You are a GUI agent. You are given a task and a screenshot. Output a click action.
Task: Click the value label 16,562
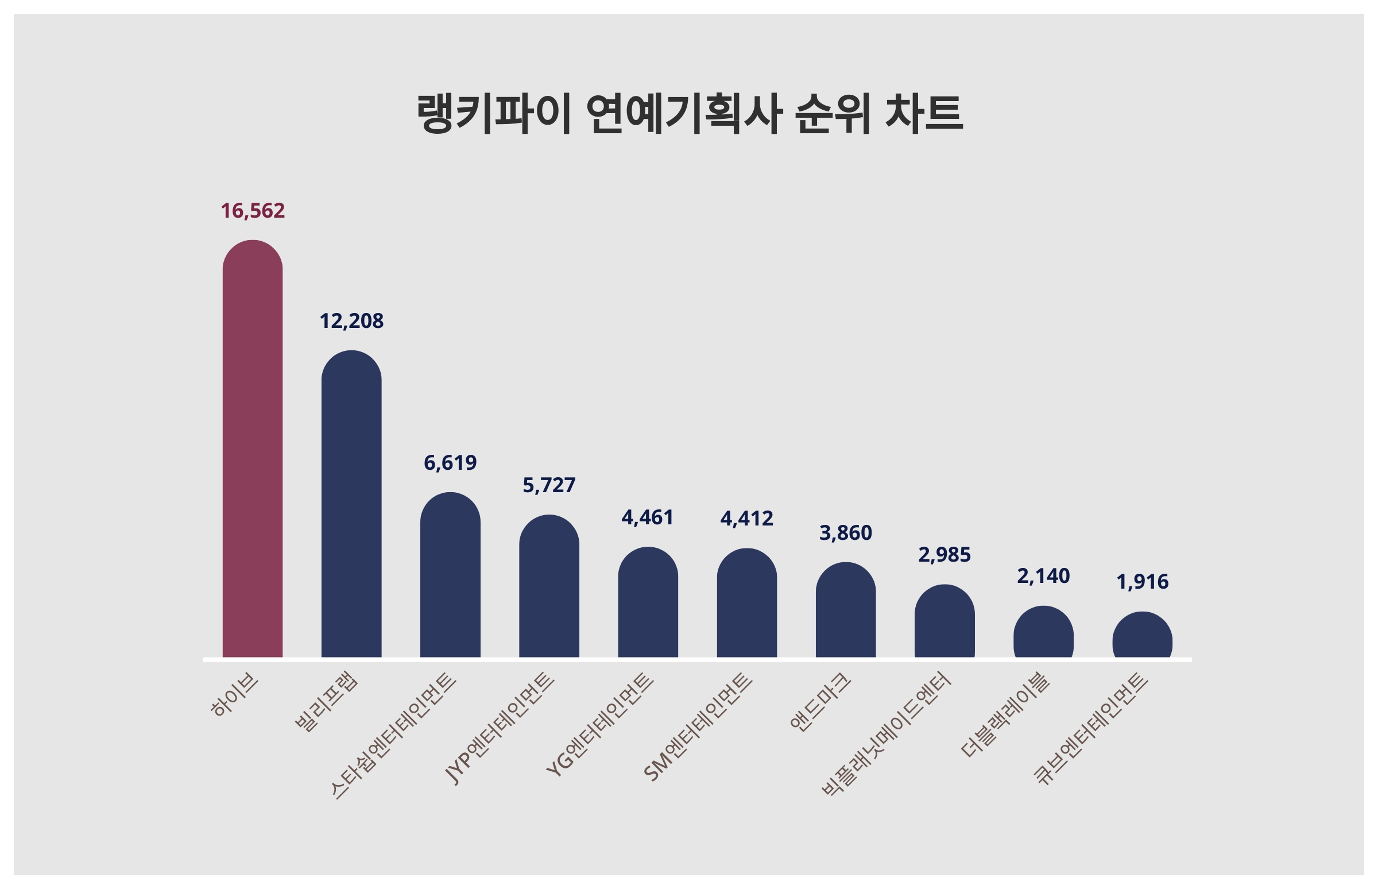[x=252, y=211]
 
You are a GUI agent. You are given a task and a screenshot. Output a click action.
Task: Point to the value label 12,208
[x=351, y=321]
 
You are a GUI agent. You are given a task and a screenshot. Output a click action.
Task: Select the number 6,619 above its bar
[x=450, y=462]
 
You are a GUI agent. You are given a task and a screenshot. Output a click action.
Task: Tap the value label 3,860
[x=845, y=533]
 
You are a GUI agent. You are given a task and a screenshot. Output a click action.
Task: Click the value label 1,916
[x=1142, y=582]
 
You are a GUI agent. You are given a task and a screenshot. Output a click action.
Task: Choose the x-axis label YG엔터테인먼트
[x=600, y=725]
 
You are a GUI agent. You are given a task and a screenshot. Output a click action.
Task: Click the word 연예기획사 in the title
[x=683, y=114]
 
